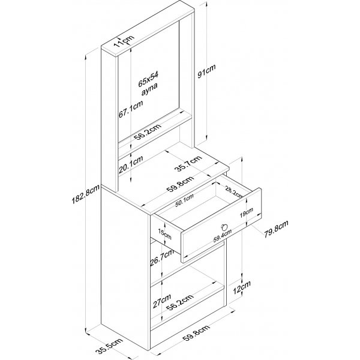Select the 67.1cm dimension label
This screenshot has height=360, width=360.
139,112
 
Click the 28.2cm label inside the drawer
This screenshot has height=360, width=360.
235,193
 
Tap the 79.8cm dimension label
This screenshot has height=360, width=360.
277,229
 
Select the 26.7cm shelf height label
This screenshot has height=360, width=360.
155,260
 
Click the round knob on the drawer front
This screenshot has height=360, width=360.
224,227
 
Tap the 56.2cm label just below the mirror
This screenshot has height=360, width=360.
148,133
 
